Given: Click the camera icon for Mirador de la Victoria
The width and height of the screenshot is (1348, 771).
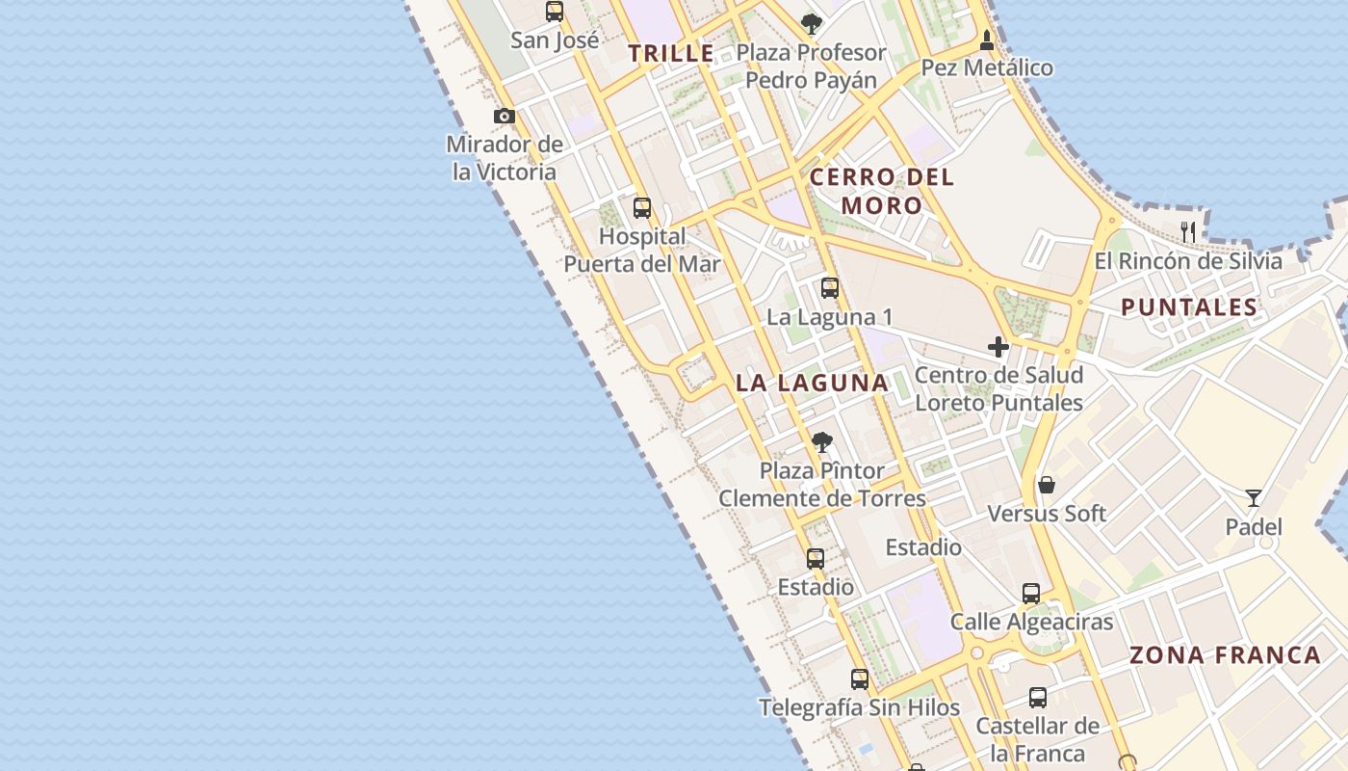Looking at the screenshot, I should pyautogui.click(x=504, y=117).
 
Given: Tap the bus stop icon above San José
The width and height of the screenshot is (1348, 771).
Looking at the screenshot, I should pyautogui.click(x=555, y=12).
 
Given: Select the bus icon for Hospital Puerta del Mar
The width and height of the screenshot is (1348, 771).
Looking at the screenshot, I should pyautogui.click(x=642, y=207).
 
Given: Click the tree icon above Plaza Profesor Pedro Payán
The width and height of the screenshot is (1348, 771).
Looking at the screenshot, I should pyautogui.click(x=812, y=23).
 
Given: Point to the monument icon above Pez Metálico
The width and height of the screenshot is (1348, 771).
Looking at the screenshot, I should pyautogui.click(x=987, y=40).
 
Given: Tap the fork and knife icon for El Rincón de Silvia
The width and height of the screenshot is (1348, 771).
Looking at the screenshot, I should pyautogui.click(x=1188, y=231).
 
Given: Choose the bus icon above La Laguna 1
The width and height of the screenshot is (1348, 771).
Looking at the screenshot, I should pyautogui.click(x=830, y=287).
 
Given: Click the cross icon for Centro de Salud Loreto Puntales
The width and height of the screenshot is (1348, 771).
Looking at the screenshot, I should pyautogui.click(x=998, y=346).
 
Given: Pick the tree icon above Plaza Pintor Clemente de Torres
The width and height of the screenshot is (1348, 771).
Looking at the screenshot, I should pyautogui.click(x=821, y=442).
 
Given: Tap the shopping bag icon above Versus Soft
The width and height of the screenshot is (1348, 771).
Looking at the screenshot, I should pyautogui.click(x=1047, y=484).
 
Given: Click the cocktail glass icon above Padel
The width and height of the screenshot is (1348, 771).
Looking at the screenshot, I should pyautogui.click(x=1254, y=497).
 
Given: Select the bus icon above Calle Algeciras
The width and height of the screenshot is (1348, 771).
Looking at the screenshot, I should pyautogui.click(x=1031, y=593).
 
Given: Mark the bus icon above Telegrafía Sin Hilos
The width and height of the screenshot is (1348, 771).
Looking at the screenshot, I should pyautogui.click(x=860, y=678).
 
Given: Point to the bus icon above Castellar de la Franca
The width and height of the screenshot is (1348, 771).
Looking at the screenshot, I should pyautogui.click(x=1037, y=697).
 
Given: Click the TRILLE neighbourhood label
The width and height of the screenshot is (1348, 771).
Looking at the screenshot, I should pyautogui.click(x=672, y=54).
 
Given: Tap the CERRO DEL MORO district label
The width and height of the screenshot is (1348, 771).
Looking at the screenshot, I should pyautogui.click(x=882, y=191).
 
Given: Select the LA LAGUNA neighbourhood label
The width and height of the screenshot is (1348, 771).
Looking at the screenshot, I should pyautogui.click(x=812, y=383).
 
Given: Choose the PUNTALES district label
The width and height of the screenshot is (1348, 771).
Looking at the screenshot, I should pyautogui.click(x=1189, y=307).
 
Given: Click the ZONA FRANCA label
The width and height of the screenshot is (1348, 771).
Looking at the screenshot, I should pyautogui.click(x=1225, y=655).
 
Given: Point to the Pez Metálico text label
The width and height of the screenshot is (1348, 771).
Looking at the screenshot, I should pyautogui.click(x=987, y=67).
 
